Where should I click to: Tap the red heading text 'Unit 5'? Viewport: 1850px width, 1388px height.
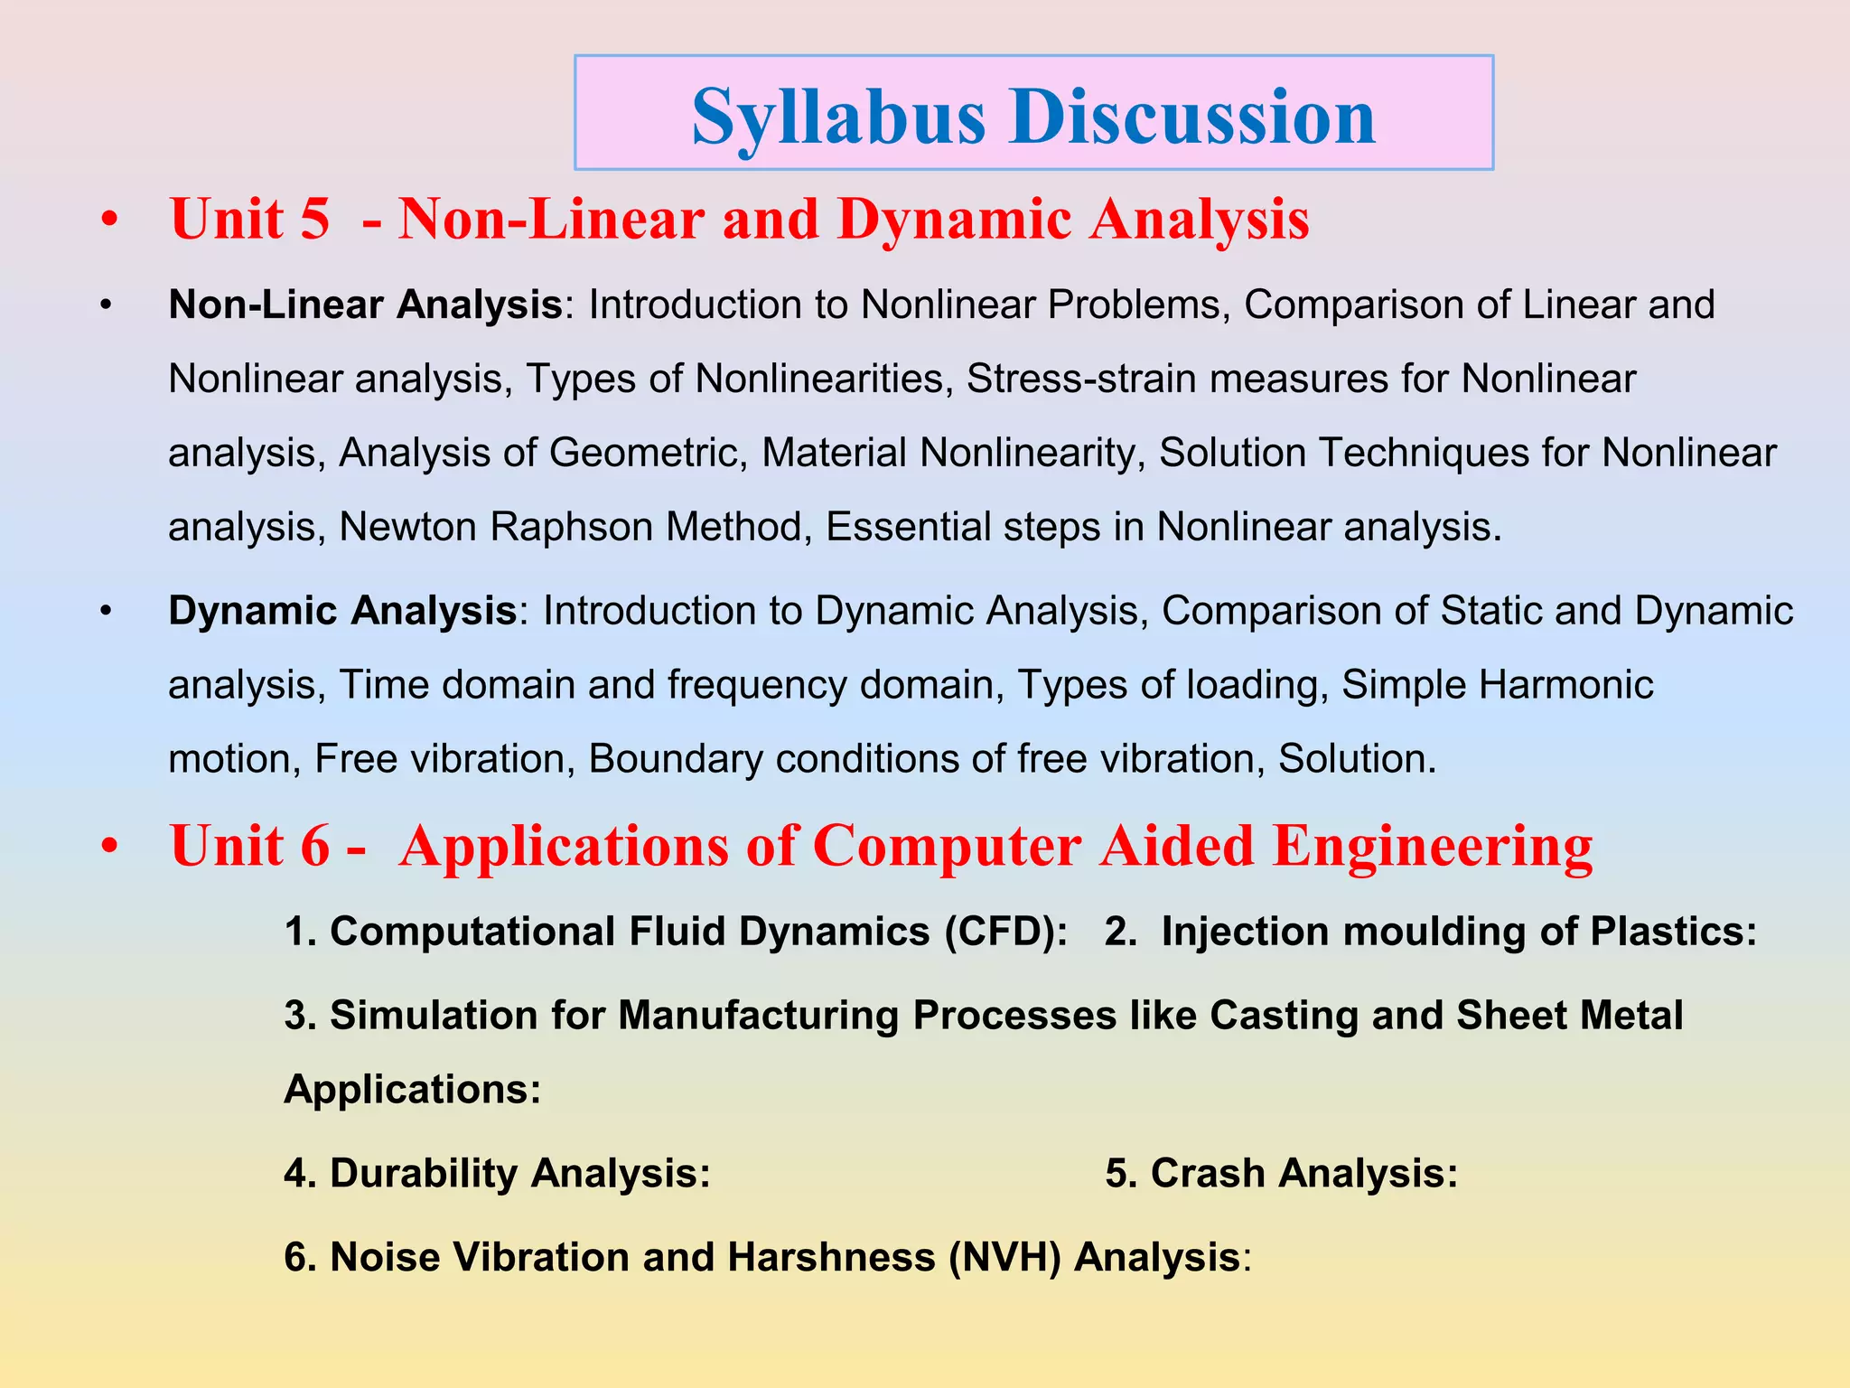249,220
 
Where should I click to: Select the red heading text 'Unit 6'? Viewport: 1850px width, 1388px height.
249,847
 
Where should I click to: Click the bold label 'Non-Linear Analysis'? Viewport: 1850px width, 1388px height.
365,305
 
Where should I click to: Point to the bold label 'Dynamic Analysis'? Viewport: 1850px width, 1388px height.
341,611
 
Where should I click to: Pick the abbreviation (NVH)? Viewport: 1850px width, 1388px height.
1004,1258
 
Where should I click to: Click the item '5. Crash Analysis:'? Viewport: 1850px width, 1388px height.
1281,1174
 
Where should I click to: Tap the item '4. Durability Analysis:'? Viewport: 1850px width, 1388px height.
497,1174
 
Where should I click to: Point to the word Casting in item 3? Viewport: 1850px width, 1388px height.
1284,1016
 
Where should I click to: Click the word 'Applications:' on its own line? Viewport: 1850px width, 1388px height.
412,1090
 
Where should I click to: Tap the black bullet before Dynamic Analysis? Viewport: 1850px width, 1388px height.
106,612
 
